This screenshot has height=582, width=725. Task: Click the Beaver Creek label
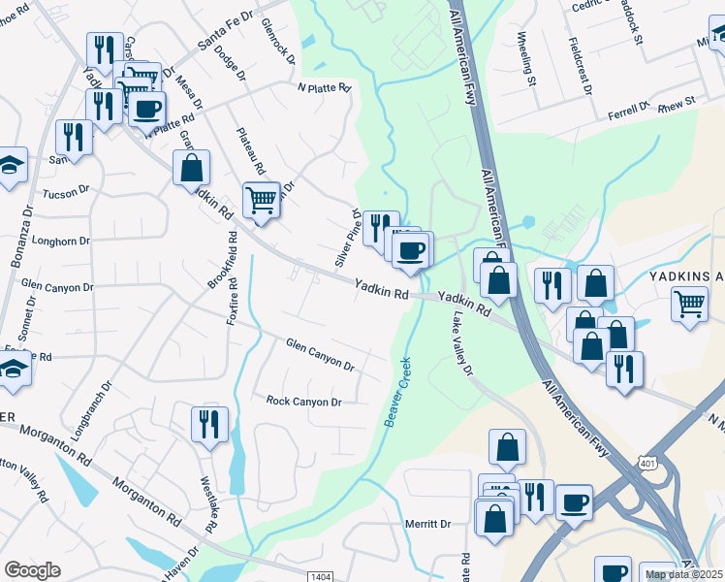[397, 392]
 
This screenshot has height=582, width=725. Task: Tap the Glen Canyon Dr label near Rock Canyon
[320, 354]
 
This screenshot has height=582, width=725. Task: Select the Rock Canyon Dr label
[304, 402]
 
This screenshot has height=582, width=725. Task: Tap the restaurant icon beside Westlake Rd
[209, 424]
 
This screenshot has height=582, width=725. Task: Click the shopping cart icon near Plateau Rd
[261, 200]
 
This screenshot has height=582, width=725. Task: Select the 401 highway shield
[647, 462]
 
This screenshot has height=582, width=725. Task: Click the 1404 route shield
[322, 576]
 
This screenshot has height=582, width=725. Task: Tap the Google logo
[33, 570]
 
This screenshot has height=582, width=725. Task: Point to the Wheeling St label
[526, 59]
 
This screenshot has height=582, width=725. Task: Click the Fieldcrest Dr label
[582, 66]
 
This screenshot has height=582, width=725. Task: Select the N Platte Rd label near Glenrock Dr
[324, 88]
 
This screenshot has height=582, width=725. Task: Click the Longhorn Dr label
[61, 241]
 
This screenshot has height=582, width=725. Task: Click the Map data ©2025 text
[683, 574]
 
